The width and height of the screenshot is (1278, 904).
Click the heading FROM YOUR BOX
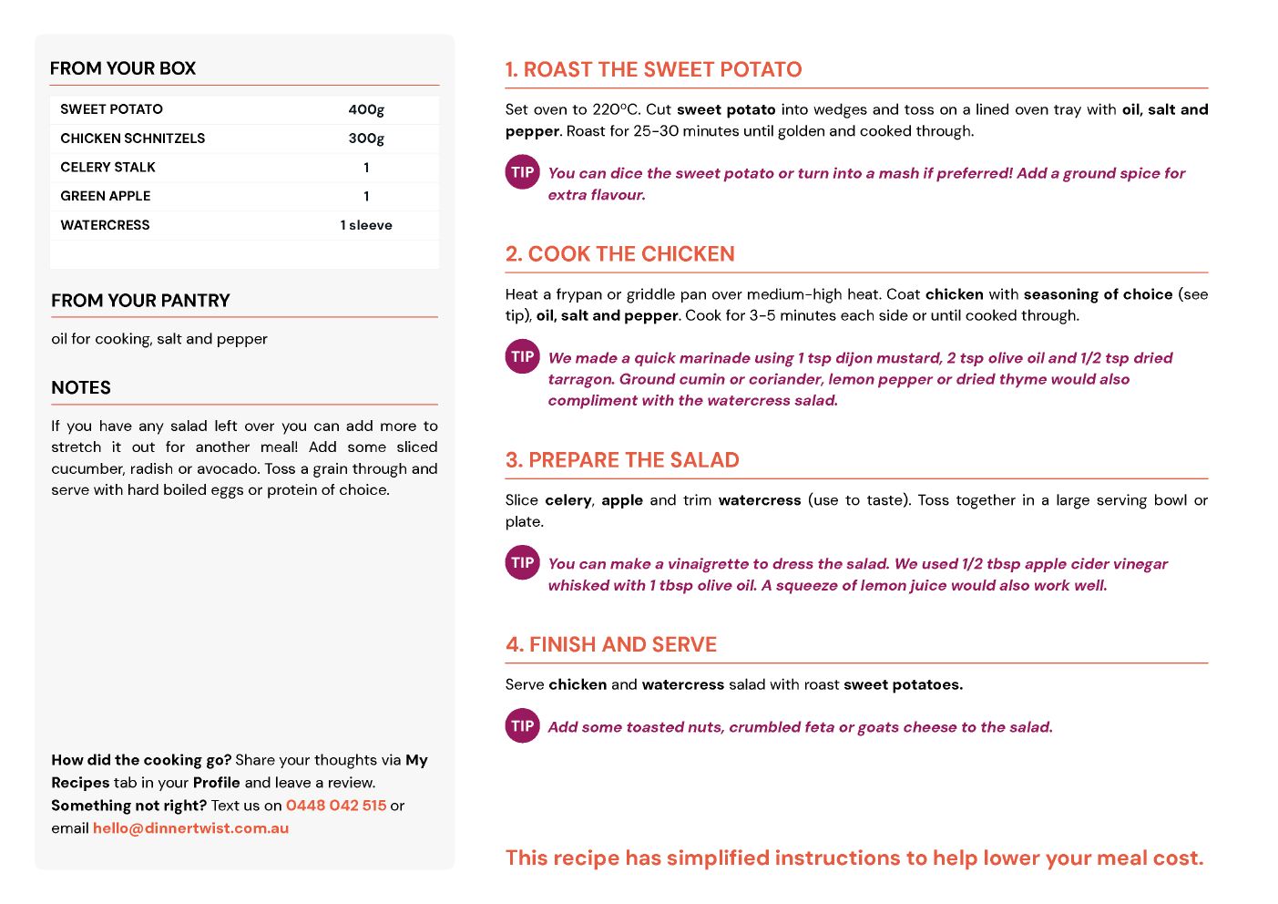point(123,68)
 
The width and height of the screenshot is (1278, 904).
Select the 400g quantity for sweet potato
point(366,109)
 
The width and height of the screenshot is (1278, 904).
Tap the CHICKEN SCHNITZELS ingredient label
point(133,139)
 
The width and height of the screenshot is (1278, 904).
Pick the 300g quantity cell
point(366,139)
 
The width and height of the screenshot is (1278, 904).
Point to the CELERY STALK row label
point(107,168)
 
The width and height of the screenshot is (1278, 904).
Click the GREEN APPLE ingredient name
point(106,196)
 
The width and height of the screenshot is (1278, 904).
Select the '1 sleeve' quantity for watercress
point(366,225)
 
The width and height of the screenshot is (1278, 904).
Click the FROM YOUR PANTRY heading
point(140,301)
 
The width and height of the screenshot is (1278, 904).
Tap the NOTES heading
point(81,387)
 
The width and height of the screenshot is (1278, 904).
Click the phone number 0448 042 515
point(336,806)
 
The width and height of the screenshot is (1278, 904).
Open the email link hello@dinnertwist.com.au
point(190,828)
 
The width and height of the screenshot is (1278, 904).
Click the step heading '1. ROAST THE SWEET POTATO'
point(653,70)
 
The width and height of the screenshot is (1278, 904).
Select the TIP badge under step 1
point(522,172)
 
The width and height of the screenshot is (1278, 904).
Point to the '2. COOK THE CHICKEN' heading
point(619,254)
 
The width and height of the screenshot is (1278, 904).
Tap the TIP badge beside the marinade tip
point(522,356)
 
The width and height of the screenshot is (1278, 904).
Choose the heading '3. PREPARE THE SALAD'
point(622,460)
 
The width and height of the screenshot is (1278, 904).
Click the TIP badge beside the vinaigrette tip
point(522,562)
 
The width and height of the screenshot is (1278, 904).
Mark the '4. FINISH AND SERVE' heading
point(611,645)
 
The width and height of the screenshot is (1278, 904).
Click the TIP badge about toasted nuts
point(522,725)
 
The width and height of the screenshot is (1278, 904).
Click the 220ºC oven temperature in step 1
point(614,109)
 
